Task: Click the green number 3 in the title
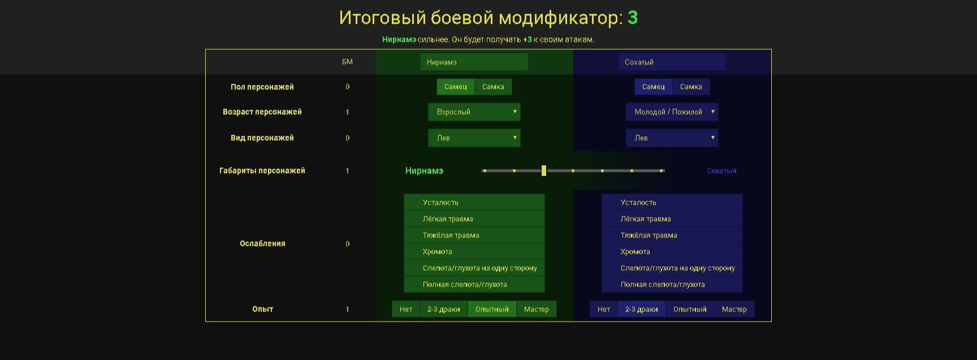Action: pos(633,18)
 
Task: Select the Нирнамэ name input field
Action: pos(474,62)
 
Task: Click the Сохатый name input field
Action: pos(672,62)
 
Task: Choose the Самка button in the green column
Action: pos(493,86)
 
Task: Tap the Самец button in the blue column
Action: pos(654,86)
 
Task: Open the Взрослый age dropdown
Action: pos(474,112)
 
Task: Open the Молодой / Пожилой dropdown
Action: pos(672,112)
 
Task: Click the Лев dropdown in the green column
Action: pos(474,138)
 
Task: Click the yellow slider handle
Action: pos(544,171)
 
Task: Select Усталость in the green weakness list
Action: pos(474,202)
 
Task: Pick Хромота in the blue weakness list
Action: pos(672,251)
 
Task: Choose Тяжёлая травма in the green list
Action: pos(474,235)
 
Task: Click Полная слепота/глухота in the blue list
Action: pos(672,284)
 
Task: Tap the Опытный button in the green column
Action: pos(492,309)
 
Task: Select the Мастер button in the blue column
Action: pos(734,309)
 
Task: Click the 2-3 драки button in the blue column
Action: pos(642,309)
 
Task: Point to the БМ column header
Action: pos(347,62)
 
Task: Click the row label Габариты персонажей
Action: pos(262,171)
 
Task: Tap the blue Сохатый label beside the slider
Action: pos(722,171)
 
